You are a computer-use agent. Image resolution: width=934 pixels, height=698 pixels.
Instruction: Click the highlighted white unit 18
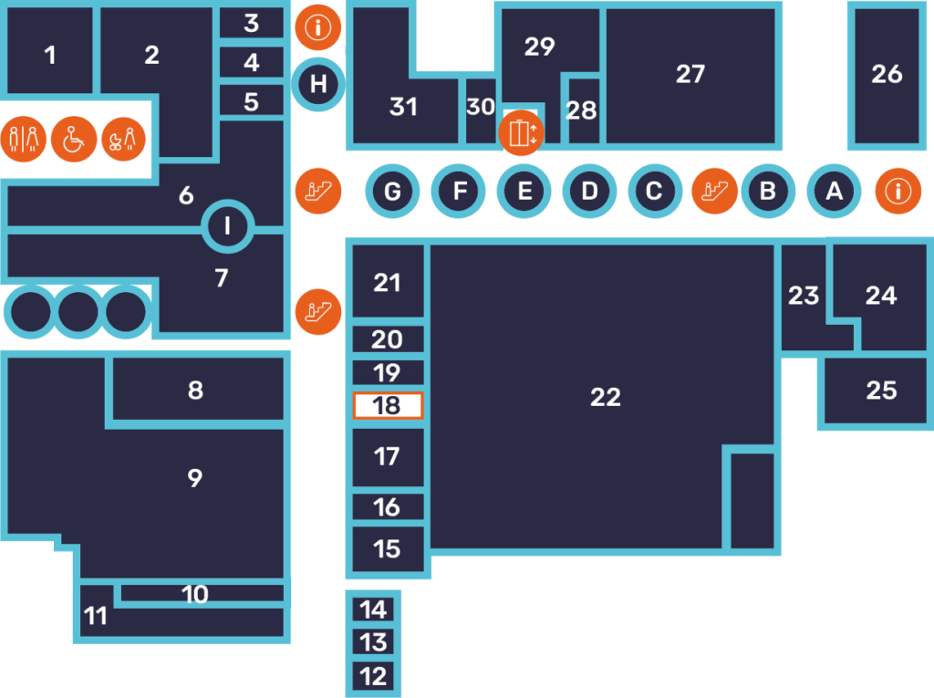pos(388,406)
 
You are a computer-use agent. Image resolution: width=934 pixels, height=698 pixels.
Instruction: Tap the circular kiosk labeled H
pos(318,85)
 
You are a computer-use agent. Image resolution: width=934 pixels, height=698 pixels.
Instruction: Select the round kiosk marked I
pos(227,225)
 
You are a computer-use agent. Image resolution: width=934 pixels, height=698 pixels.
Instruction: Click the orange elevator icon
pos(521,133)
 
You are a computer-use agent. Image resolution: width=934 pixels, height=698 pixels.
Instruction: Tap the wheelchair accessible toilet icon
pos(74,140)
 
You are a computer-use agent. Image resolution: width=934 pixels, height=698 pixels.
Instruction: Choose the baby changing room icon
pos(123,140)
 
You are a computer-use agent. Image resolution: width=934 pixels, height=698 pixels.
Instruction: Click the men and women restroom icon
pos(24,140)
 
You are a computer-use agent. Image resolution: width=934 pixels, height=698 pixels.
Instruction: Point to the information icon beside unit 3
pos(318,27)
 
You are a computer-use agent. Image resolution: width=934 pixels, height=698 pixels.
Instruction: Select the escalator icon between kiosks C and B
pos(714,191)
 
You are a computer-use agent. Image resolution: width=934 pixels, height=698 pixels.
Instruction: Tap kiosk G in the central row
pos(392,192)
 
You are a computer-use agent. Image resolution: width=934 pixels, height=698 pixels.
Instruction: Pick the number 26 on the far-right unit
pos(887,74)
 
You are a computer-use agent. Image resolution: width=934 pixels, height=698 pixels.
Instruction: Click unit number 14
pos(373,609)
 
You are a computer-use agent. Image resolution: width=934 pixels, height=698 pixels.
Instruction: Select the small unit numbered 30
pos(481,108)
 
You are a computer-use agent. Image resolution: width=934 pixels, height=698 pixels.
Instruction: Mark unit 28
pos(581,111)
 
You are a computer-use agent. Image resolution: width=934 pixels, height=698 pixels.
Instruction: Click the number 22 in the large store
pos(606,397)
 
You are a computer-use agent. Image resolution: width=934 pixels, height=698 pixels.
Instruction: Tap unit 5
pos(252,101)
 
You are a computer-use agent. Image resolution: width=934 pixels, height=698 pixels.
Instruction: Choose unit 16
pos(388,507)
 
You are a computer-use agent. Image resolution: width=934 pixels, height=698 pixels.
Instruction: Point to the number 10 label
pos(195,595)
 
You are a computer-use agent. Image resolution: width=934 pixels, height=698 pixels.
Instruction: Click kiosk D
pos(589,192)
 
